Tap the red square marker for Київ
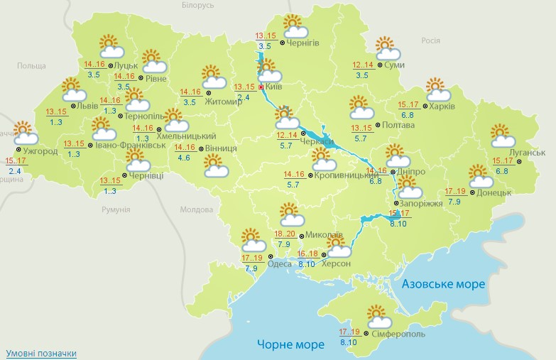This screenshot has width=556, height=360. (x=261, y=87)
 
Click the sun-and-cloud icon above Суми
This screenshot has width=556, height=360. (x=386, y=49)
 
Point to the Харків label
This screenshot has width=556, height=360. (x=442, y=107)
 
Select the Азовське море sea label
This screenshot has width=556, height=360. (x=443, y=284)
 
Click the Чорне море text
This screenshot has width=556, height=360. (x=286, y=346)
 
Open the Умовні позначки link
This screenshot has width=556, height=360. (x=40, y=353)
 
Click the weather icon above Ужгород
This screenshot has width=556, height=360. (x=24, y=133)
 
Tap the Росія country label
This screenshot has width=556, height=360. (x=430, y=40)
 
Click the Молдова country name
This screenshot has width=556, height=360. (x=196, y=210)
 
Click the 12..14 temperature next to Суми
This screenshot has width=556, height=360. (x=363, y=65)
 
